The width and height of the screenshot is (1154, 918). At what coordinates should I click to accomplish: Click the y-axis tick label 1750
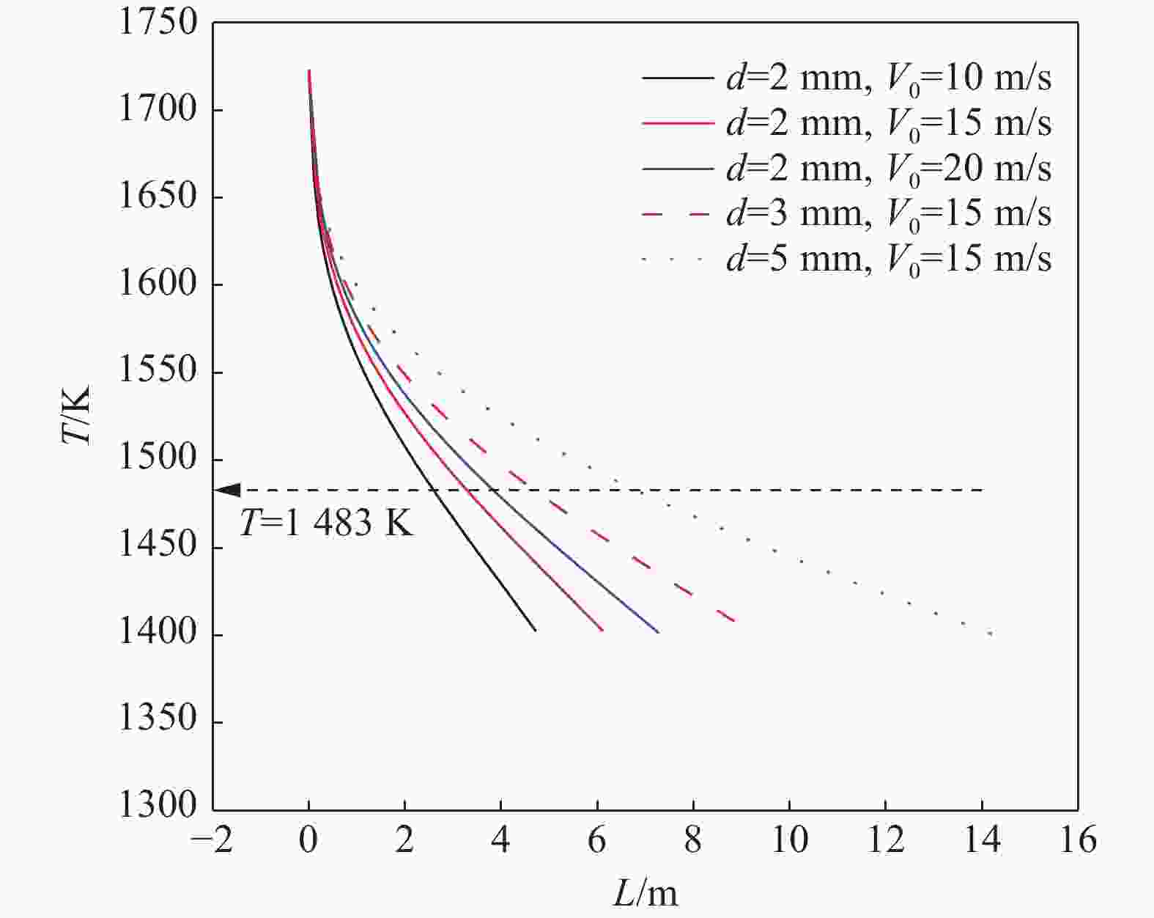158,23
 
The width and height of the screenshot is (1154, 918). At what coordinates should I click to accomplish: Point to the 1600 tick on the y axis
158,284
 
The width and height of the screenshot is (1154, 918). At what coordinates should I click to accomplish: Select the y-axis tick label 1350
158,719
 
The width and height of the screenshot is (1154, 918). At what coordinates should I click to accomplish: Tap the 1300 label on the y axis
158,806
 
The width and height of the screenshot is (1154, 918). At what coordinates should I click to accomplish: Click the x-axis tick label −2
211,840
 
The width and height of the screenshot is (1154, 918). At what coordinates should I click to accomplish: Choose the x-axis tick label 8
693,840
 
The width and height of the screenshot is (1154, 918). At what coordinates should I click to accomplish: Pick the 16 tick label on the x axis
1076,840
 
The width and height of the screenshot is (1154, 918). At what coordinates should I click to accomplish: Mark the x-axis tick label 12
885,840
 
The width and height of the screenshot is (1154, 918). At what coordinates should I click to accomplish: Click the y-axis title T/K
76,414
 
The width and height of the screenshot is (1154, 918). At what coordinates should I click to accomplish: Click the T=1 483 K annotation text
326,524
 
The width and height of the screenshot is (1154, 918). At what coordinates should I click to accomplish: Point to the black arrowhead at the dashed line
229,490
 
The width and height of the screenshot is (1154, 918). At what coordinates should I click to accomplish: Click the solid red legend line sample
677,123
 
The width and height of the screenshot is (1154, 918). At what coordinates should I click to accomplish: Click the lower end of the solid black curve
535,630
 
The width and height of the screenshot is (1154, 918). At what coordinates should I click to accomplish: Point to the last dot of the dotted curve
991,634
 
